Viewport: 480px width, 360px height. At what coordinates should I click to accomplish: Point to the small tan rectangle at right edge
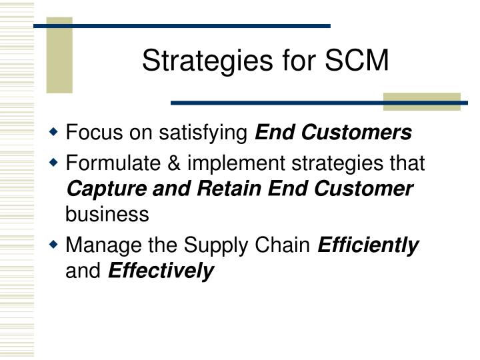(421, 101)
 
